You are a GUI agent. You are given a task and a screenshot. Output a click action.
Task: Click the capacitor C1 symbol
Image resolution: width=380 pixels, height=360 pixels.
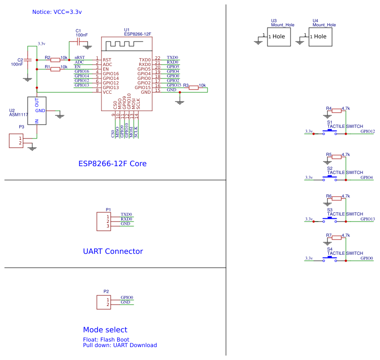click(79, 42)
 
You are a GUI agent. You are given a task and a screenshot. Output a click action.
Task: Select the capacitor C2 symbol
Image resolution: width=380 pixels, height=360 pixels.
click(28, 60)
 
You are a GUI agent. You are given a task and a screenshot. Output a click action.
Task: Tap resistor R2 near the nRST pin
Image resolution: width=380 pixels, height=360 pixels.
click(55, 60)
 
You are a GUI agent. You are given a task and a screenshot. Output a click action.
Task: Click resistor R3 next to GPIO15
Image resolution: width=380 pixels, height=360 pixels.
click(194, 87)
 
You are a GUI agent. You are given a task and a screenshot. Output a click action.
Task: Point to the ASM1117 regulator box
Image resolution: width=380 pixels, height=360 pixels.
click(37, 111)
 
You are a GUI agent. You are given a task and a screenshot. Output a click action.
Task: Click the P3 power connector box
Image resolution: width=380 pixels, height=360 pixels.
click(16, 141)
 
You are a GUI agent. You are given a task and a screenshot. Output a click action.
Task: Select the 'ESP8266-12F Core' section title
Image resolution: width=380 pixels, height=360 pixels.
click(113, 164)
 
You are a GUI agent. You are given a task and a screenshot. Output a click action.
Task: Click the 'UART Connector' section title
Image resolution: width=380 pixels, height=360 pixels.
click(113, 252)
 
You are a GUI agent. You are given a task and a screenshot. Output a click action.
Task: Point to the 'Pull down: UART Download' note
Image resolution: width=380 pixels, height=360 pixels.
click(120, 345)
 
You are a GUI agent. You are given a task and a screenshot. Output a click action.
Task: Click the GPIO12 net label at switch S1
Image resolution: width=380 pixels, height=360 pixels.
click(368, 132)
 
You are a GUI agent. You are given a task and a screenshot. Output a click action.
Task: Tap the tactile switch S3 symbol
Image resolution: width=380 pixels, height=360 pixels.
click(330, 221)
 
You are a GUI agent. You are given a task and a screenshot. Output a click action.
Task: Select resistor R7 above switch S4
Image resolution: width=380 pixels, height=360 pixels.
click(337, 238)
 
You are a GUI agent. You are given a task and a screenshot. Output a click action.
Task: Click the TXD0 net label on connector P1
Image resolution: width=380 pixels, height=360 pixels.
click(126, 215)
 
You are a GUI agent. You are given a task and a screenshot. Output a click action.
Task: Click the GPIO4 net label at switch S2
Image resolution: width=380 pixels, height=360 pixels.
click(367, 178)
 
